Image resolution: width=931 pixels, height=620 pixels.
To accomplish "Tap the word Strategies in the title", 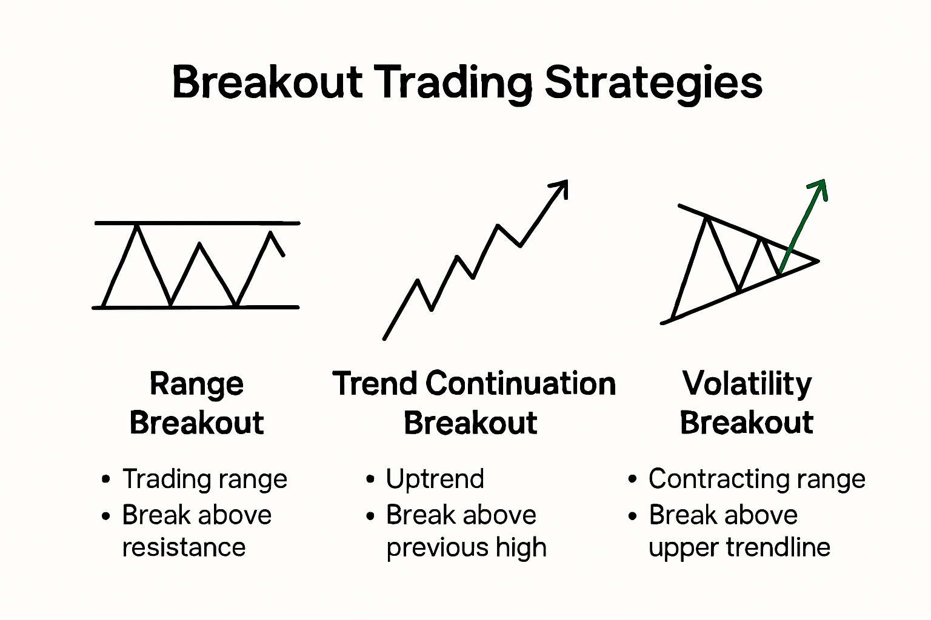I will click(x=653, y=84).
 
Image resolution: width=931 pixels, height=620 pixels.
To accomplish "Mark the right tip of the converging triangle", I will click(x=816, y=261).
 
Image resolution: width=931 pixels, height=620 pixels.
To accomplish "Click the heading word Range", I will click(x=196, y=384).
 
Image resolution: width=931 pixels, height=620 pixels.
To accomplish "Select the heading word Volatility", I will click(x=746, y=384).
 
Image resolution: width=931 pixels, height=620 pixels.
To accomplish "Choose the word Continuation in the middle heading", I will click(x=520, y=384).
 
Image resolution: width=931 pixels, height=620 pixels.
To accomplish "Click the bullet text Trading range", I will click(x=204, y=479).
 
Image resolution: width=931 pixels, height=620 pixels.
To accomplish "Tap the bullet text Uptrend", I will click(x=435, y=479).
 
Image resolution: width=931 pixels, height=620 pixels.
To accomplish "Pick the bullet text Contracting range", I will click(x=756, y=479).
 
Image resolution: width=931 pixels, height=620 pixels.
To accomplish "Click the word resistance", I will click(x=184, y=547).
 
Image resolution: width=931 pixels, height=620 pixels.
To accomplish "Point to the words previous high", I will click(x=466, y=547).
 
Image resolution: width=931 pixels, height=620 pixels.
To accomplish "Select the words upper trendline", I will click(x=739, y=547).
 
